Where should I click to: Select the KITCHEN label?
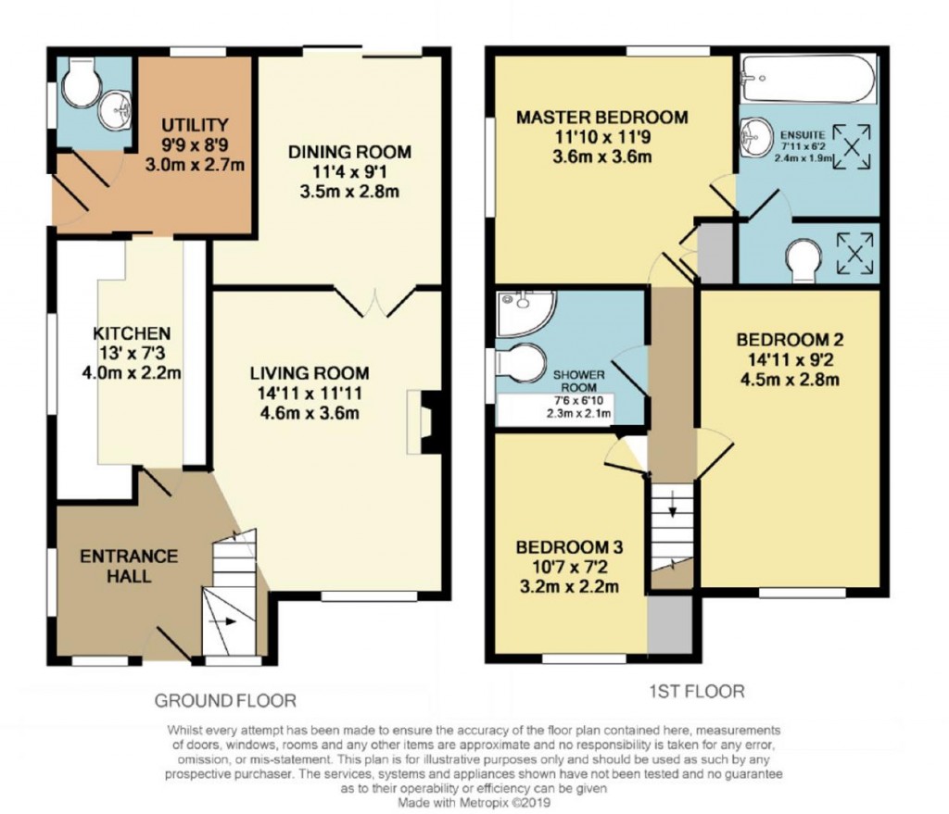[131, 332]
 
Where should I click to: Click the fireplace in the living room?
[427, 421]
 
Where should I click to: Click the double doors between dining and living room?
[374, 302]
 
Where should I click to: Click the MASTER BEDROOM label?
[602, 118]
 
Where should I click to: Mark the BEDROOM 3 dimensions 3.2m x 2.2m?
[568, 586]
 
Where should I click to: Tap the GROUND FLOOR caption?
[225, 700]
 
